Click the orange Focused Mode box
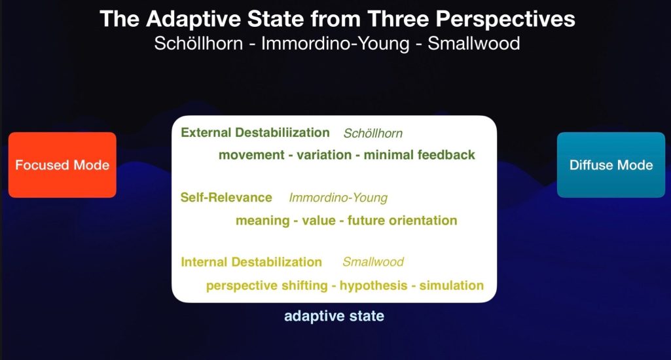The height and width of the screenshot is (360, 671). click(62, 165)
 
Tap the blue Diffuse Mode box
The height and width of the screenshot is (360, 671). click(611, 165)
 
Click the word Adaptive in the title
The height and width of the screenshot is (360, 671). click(194, 20)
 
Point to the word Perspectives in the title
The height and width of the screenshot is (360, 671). click(505, 20)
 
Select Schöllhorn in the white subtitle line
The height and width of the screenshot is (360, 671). click(198, 44)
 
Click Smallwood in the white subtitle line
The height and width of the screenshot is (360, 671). click(474, 44)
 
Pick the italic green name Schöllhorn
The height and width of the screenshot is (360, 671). click(373, 133)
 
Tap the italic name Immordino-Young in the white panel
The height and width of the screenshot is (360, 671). click(338, 198)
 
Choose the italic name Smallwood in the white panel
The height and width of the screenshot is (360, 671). click(373, 262)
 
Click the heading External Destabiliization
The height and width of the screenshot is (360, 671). click(255, 133)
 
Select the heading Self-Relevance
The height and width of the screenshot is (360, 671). click(226, 197)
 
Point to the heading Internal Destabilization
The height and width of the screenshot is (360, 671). click(251, 262)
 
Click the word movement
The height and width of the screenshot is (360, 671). click(251, 155)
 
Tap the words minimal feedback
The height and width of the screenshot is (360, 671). click(420, 155)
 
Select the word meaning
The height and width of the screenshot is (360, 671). click(263, 221)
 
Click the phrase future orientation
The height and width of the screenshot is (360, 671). click(402, 221)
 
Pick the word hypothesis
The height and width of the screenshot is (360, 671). click(374, 285)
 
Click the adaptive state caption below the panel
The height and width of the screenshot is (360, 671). click(335, 316)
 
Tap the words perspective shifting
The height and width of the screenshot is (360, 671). click(267, 285)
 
